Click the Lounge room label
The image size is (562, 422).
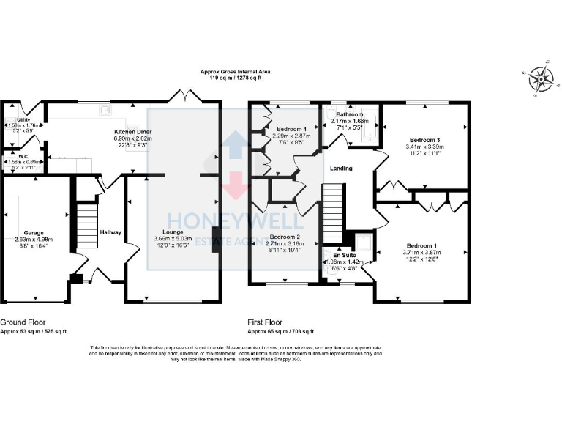(173, 232)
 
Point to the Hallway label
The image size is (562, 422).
(110, 232)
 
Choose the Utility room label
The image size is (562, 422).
(23, 119)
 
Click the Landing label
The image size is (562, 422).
(341, 169)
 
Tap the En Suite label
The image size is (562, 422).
(343, 255)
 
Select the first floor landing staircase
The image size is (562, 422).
(334, 212)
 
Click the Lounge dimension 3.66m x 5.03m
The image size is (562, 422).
(173, 238)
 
